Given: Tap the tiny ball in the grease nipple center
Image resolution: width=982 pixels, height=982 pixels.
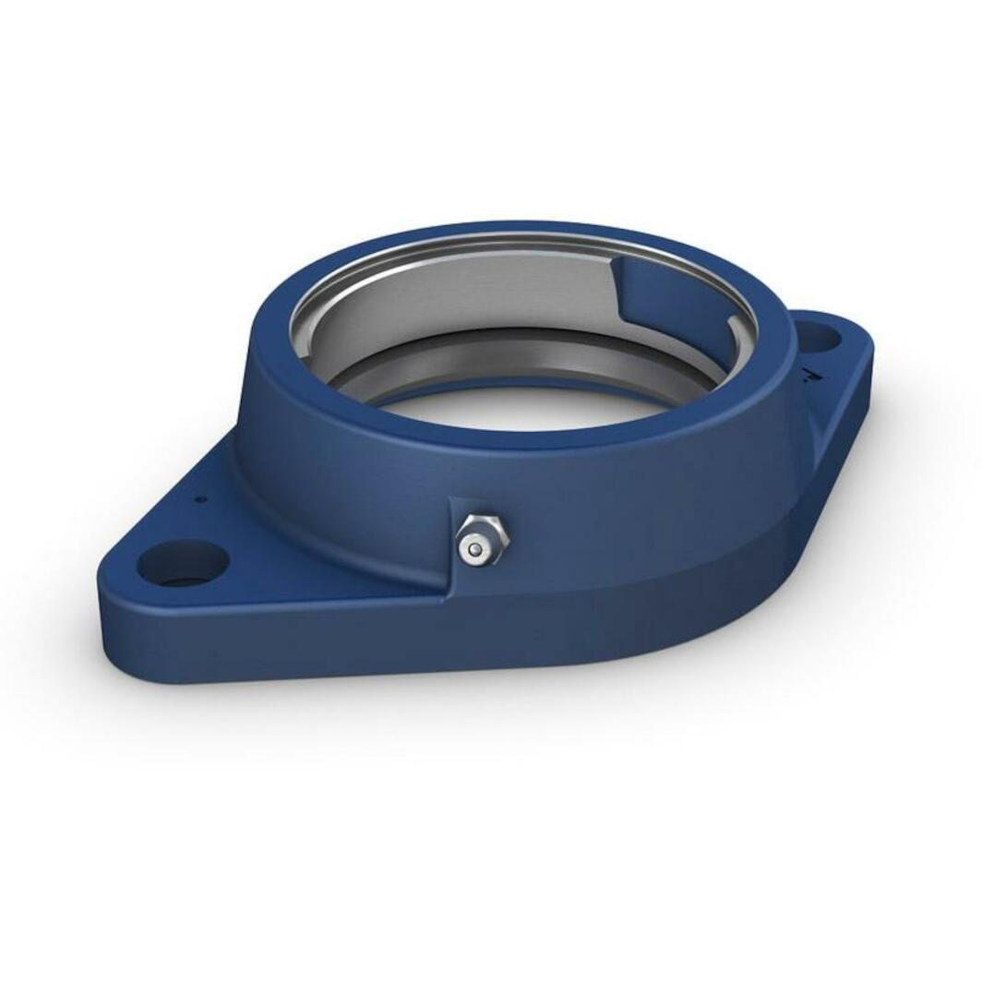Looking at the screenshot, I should (x=474, y=550).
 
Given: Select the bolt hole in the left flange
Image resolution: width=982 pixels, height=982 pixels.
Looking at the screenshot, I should (x=183, y=562).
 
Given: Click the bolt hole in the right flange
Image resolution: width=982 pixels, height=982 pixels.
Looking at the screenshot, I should (x=818, y=336).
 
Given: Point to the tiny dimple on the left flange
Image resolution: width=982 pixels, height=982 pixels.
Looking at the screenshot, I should (x=200, y=499).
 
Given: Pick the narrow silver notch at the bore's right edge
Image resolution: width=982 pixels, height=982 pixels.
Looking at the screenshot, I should (x=736, y=331).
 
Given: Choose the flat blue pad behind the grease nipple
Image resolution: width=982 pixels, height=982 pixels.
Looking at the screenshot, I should (x=461, y=517).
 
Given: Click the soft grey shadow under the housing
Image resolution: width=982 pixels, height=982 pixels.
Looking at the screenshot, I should (x=554, y=701).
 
